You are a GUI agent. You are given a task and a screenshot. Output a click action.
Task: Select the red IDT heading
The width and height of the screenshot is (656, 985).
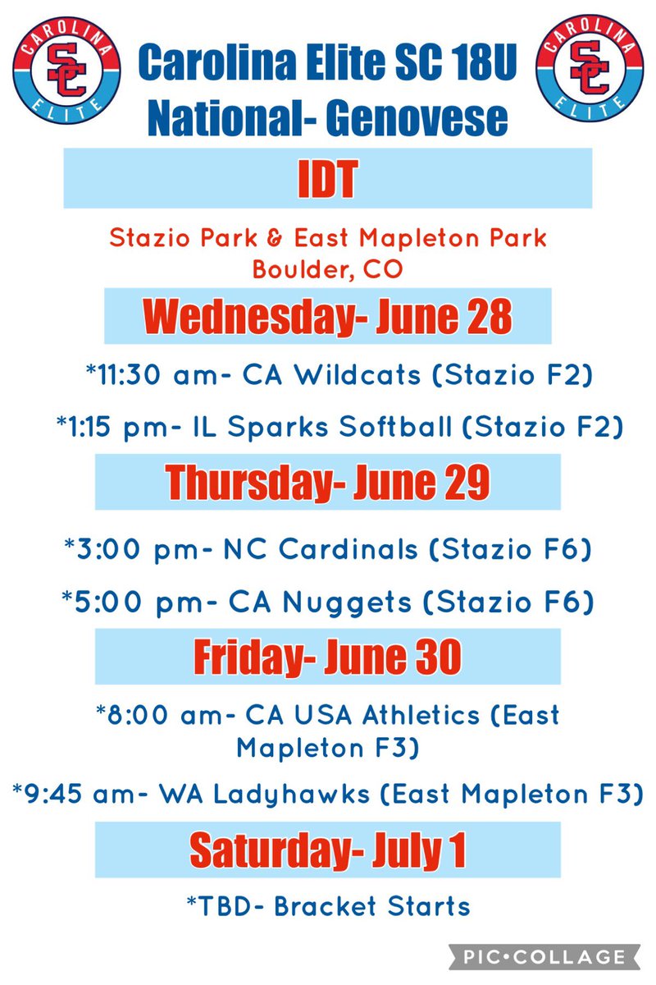click(x=327, y=178)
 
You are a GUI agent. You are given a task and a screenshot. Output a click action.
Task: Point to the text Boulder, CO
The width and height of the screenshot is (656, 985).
click(x=327, y=268)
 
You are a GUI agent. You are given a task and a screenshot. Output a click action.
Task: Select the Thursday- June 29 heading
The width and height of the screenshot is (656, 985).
click(x=327, y=482)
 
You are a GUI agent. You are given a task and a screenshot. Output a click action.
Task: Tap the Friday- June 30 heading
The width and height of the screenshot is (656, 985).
click(x=327, y=657)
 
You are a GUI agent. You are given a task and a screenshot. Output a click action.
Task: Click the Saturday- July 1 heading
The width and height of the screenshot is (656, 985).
click(x=327, y=850)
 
